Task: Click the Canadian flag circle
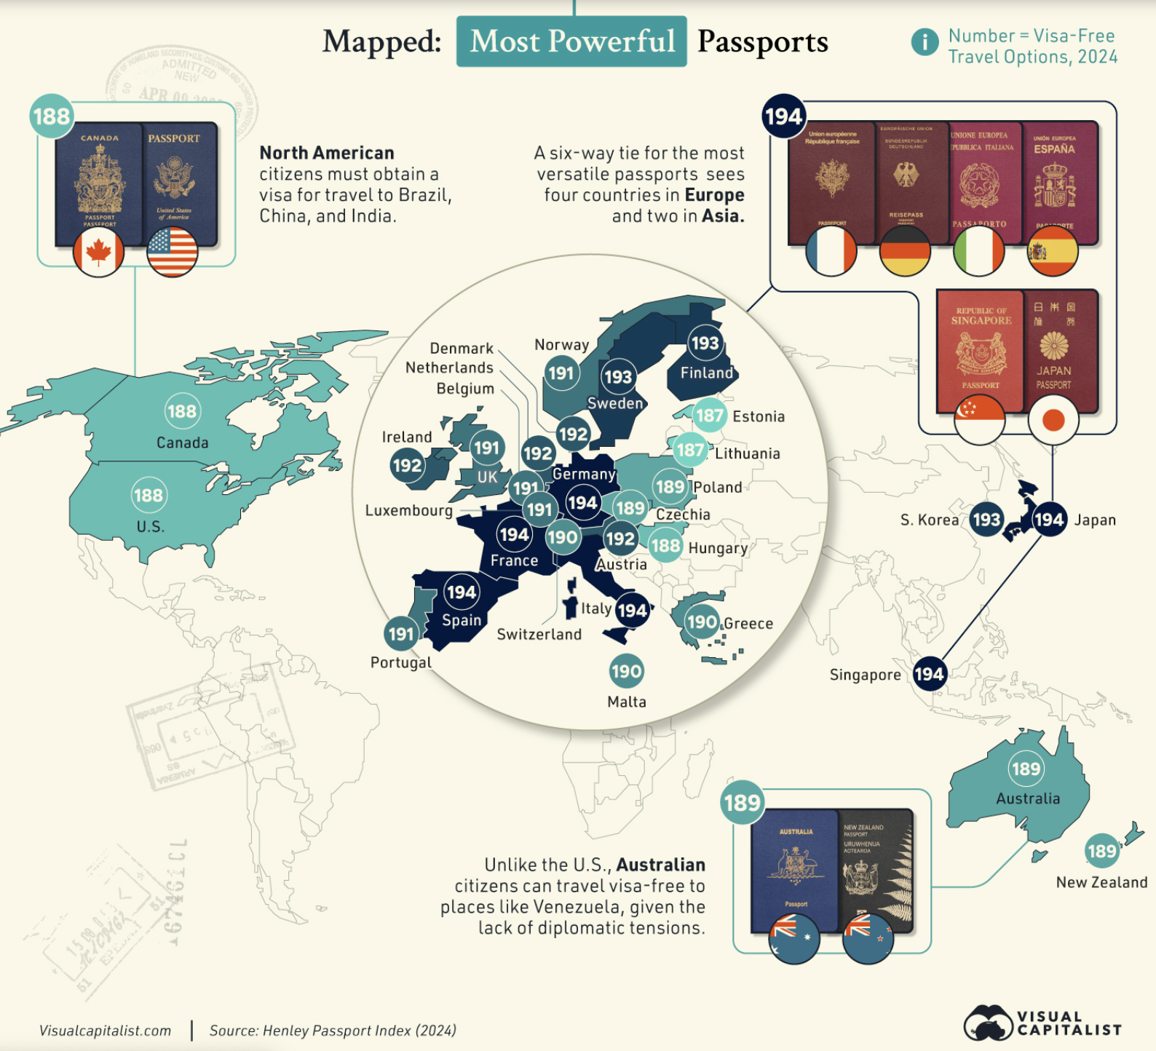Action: [x=98, y=252]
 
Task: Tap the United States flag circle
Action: [x=172, y=252]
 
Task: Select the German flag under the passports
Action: [x=905, y=251]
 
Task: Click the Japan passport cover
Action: [x=1060, y=349]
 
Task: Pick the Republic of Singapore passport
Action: [x=980, y=349]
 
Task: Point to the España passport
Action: [x=1059, y=182]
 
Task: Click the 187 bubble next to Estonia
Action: [x=709, y=416]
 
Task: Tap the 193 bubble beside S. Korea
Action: [x=986, y=520]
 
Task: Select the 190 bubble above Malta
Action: [x=626, y=671]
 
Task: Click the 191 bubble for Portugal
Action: [x=401, y=634]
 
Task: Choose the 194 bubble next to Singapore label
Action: [x=929, y=674]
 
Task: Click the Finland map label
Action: [x=707, y=373]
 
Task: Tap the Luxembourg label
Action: [x=408, y=510]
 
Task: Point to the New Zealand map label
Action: [x=1101, y=882]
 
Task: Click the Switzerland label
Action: [x=539, y=634]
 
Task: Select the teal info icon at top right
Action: [x=925, y=41]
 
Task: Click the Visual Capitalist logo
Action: [x=1042, y=1023]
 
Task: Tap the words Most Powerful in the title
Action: [x=572, y=41]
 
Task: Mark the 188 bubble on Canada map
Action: [x=182, y=411]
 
